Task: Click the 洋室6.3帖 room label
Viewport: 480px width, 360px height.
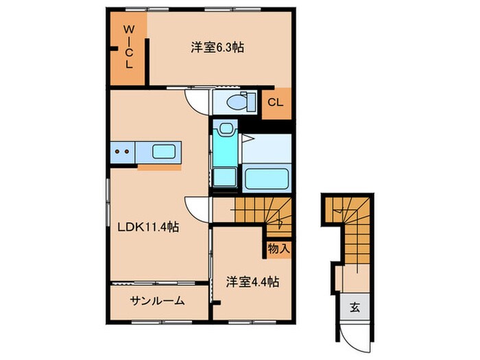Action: tap(218, 47)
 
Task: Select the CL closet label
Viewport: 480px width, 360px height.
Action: tap(275, 103)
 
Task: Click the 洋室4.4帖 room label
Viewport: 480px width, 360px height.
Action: tap(252, 280)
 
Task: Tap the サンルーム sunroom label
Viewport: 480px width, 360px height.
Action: tap(157, 300)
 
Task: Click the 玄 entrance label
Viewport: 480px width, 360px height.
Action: tap(356, 307)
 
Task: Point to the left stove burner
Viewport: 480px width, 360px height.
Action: tap(117, 152)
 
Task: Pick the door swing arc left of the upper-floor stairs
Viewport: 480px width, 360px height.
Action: tap(197, 206)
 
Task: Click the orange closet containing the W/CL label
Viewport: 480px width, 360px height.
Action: tap(128, 51)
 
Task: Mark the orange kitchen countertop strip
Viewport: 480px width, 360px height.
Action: tap(159, 165)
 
